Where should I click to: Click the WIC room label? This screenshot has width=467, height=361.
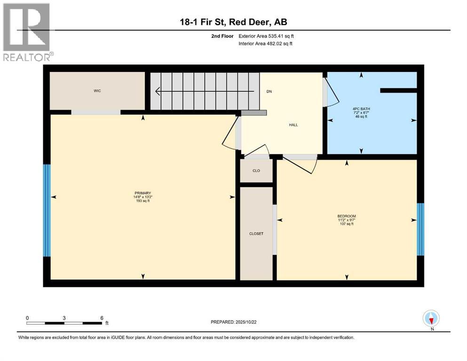click(97, 91)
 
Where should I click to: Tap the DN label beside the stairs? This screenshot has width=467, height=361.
click(269, 91)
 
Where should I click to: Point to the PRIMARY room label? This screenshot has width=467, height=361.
click(142, 193)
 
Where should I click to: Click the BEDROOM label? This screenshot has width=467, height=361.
click(346, 216)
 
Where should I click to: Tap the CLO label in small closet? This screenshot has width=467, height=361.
click(256, 171)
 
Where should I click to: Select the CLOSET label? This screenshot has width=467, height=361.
click(256, 234)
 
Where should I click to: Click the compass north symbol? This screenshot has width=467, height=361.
click(431, 319)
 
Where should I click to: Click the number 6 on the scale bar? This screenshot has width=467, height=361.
click(102, 318)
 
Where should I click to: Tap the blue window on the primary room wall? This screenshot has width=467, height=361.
click(47, 210)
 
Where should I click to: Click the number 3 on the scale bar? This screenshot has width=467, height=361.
click(64, 318)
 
